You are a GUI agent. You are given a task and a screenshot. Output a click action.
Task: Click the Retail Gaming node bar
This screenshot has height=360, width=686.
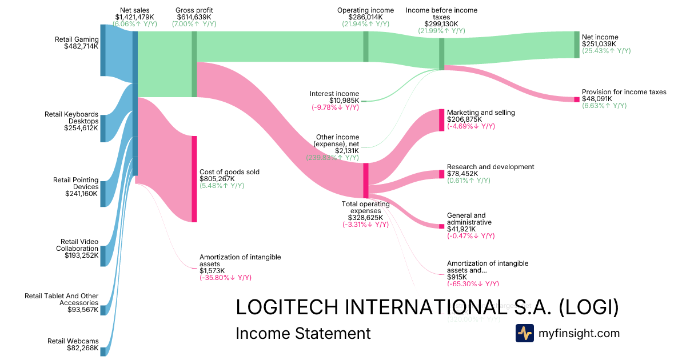[103, 50]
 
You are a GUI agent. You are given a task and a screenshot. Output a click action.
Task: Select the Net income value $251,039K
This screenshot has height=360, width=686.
[600, 44]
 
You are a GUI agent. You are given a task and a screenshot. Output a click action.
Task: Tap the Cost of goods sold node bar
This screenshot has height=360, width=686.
[194, 179]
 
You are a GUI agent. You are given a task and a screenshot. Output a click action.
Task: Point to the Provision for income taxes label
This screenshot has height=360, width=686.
[624, 92]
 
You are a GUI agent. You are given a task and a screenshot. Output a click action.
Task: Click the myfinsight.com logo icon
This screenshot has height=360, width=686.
[524, 333]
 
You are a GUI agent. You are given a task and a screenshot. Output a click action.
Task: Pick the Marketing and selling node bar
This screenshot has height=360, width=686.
[441, 120]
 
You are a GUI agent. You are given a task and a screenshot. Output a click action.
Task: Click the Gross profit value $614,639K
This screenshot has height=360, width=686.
[194, 17]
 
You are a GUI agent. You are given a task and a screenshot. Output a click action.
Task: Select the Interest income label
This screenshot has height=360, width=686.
[334, 94]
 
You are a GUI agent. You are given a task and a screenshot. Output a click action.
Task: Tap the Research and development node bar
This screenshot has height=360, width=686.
[441, 174]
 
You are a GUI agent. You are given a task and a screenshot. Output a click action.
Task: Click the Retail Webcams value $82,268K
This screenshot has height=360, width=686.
[82, 348]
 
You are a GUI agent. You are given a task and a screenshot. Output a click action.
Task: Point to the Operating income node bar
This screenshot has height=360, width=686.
[366, 46]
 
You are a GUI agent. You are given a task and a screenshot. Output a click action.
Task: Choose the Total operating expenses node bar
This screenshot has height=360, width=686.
[366, 181]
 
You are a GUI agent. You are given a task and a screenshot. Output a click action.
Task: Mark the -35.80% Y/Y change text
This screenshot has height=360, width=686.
[225, 278]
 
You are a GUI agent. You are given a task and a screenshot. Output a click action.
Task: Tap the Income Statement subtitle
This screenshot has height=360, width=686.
[303, 333]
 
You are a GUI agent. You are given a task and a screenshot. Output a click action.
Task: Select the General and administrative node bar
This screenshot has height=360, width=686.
[441, 226]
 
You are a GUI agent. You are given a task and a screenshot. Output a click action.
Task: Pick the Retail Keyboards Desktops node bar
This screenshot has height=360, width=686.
[103, 128]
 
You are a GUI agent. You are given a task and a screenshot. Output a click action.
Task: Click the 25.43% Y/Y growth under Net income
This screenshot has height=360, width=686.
[606, 51]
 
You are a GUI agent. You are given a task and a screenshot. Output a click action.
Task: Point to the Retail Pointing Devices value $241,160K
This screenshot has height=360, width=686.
[82, 194]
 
